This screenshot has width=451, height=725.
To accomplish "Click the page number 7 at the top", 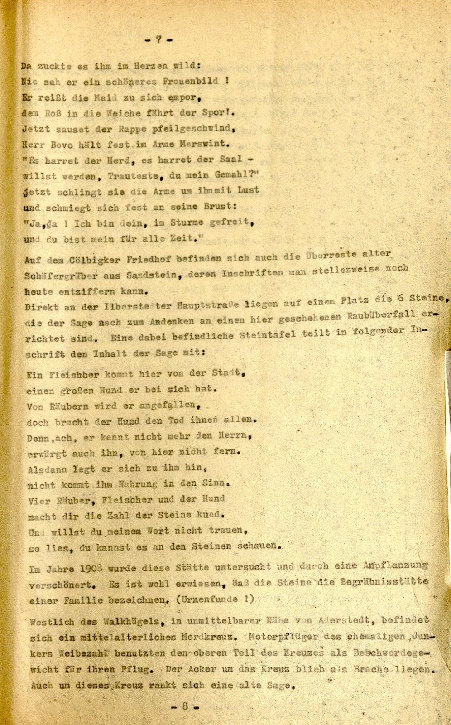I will coord(159,39).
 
